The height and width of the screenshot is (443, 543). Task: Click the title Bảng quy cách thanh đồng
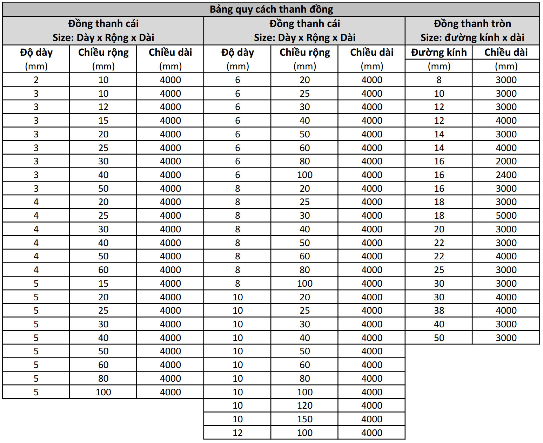(271, 9)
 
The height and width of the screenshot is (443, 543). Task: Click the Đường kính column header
(439, 53)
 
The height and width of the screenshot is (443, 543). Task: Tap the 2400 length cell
(506, 175)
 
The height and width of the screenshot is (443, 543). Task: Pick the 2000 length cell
(506, 161)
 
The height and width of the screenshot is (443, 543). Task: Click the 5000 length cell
(506, 216)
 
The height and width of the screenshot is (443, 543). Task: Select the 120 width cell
(304, 405)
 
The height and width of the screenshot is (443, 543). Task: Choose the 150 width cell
(304, 419)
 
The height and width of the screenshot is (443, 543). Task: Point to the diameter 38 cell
(439, 311)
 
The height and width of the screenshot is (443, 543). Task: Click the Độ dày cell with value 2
(36, 80)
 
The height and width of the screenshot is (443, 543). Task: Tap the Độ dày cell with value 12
(237, 433)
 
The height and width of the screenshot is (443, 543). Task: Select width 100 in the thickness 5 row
(103, 392)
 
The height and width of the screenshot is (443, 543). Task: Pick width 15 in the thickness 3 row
(103, 121)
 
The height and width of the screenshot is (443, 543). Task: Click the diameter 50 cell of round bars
(439, 338)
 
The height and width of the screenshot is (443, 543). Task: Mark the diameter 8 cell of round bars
(439, 80)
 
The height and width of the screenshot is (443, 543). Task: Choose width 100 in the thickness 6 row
(304, 175)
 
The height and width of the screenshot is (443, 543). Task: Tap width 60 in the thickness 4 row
(103, 270)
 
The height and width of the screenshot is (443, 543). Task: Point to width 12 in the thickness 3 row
(103, 107)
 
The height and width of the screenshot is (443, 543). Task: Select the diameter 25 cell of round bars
(439, 270)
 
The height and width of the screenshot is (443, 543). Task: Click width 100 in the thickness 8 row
(304, 284)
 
